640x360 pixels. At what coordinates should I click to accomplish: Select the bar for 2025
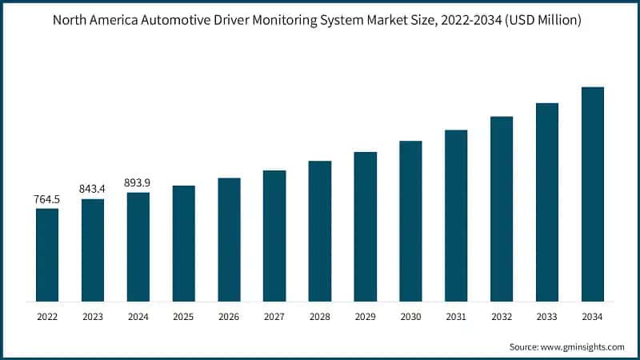[183, 243]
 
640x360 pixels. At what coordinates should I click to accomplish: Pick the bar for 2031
[456, 215]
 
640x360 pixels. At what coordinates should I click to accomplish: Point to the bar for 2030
[410, 221]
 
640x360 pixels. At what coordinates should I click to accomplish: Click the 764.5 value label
[47, 198]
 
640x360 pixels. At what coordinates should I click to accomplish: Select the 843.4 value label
[93, 189]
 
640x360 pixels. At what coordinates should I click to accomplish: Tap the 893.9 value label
[138, 182]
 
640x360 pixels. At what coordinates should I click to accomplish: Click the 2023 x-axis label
[93, 317]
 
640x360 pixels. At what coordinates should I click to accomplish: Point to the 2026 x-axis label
[229, 317]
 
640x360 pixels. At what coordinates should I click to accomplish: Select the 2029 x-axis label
[365, 317]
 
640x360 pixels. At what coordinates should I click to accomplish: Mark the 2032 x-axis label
[502, 317]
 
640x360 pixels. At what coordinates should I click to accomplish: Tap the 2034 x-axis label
[592, 317]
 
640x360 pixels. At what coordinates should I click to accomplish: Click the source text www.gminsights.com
[583, 346]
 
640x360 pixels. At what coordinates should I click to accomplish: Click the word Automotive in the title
[170, 21]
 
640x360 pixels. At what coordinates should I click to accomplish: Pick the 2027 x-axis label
[274, 317]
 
